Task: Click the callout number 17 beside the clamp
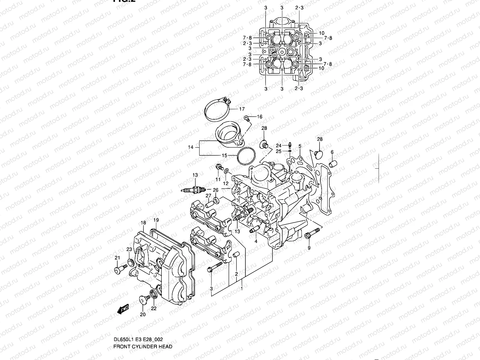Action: coord(242,109)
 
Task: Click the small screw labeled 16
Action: coord(247,118)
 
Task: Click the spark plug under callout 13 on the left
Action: coord(193,190)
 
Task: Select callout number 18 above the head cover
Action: coord(143,223)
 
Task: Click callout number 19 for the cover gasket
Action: coord(156,220)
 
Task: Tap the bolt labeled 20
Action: coord(143,300)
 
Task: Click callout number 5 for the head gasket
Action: coord(300,146)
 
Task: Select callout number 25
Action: coord(278,151)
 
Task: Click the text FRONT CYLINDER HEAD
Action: coord(143,346)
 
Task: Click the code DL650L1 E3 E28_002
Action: coord(138,340)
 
